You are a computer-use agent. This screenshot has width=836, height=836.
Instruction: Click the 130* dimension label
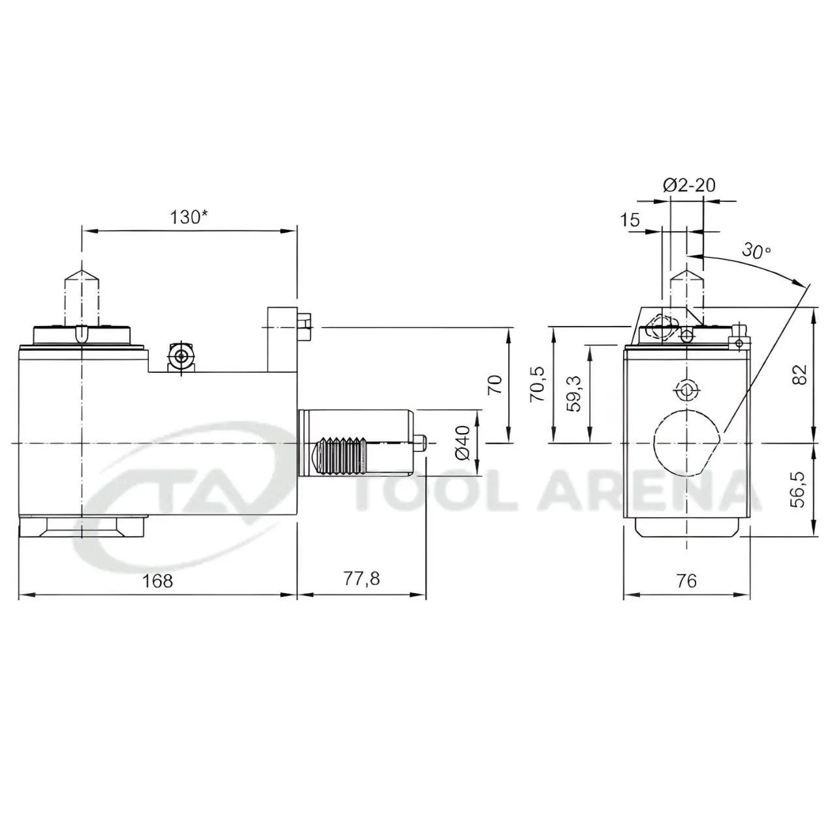coord(188,217)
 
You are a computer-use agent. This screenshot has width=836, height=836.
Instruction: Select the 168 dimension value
coord(157,581)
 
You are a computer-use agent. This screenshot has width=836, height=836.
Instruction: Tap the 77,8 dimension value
coord(362,579)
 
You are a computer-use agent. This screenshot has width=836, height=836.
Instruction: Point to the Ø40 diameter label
coord(463,443)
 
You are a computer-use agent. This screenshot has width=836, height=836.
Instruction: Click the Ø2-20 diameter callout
coord(689,185)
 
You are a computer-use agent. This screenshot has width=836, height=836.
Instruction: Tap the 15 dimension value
coord(630,220)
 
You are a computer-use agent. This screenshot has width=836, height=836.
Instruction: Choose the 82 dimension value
coord(799,374)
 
